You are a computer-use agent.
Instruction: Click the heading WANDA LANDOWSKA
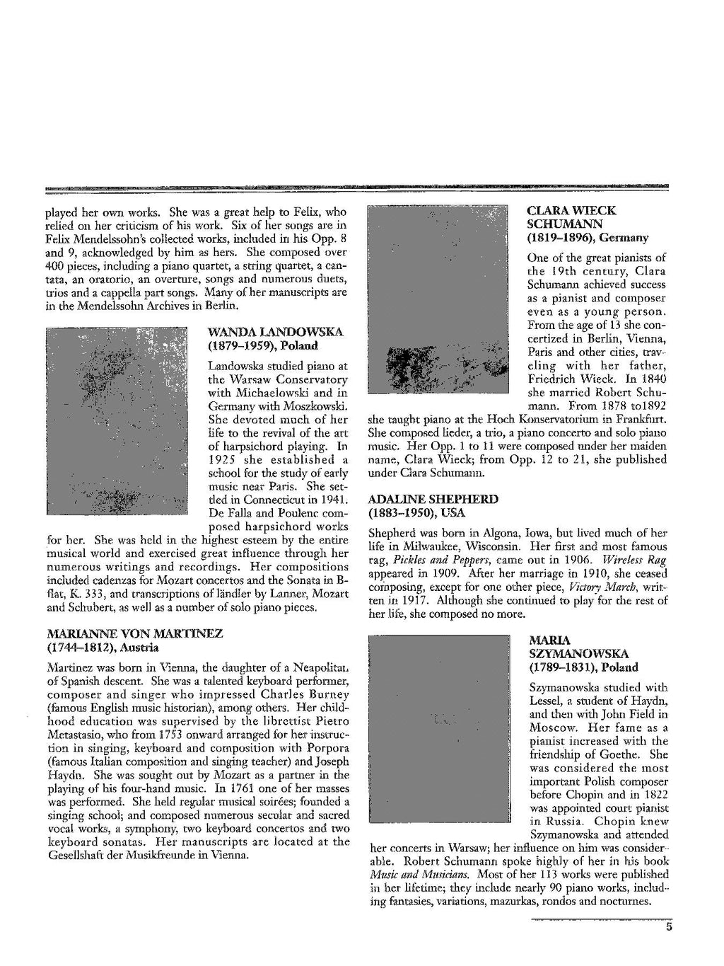point(275,332)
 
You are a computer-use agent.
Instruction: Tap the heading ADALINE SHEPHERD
point(433,499)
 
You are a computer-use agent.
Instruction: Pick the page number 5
point(668,929)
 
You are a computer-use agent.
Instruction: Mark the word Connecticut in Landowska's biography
point(271,500)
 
